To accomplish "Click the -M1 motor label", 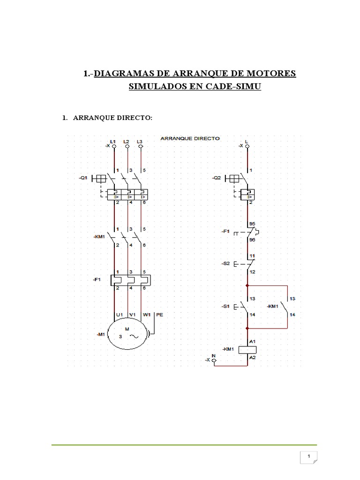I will pos(101,334).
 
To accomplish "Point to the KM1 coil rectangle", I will pos(247,350).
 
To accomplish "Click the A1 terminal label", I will pos(252,342).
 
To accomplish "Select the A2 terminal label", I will pos(252,358).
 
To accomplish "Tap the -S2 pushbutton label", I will pos(226,264).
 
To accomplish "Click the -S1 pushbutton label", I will pos(226,306).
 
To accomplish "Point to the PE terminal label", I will pos(159,315).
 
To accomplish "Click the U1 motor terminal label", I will pos(119,315).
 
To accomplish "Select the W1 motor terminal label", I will pos(147,315).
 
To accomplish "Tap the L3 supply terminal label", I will pos(140,141).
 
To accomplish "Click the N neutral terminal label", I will pos(214,355).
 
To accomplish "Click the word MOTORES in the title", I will pos(271,74).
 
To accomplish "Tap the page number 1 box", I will pos(309,457).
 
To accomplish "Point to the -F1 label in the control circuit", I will pos(226,231).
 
